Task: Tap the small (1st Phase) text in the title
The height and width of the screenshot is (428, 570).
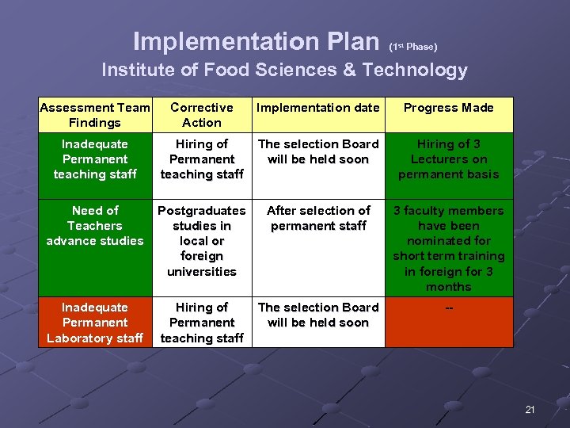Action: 412,46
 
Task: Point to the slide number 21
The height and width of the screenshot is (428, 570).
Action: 530,409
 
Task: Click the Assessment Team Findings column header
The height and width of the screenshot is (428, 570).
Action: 94,115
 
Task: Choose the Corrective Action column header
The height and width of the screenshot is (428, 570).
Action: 201,115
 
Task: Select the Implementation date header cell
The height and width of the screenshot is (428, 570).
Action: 318,108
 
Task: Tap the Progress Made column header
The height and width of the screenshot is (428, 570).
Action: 448,108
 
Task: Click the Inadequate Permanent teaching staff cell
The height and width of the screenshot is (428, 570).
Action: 94,159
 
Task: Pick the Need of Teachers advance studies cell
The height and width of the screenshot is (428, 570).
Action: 94,226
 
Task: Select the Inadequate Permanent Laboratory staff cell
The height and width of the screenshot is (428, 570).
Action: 94,323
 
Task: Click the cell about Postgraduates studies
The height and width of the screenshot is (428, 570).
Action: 201,241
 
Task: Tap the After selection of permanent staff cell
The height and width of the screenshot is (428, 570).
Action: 318,218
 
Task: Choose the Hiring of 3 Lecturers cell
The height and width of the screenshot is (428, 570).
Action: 448,159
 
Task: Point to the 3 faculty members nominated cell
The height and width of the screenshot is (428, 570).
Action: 448,248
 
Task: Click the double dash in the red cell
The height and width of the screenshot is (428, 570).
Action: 449,308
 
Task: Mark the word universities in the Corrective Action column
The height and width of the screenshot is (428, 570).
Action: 201,272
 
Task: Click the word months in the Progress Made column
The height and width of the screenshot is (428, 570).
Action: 448,287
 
